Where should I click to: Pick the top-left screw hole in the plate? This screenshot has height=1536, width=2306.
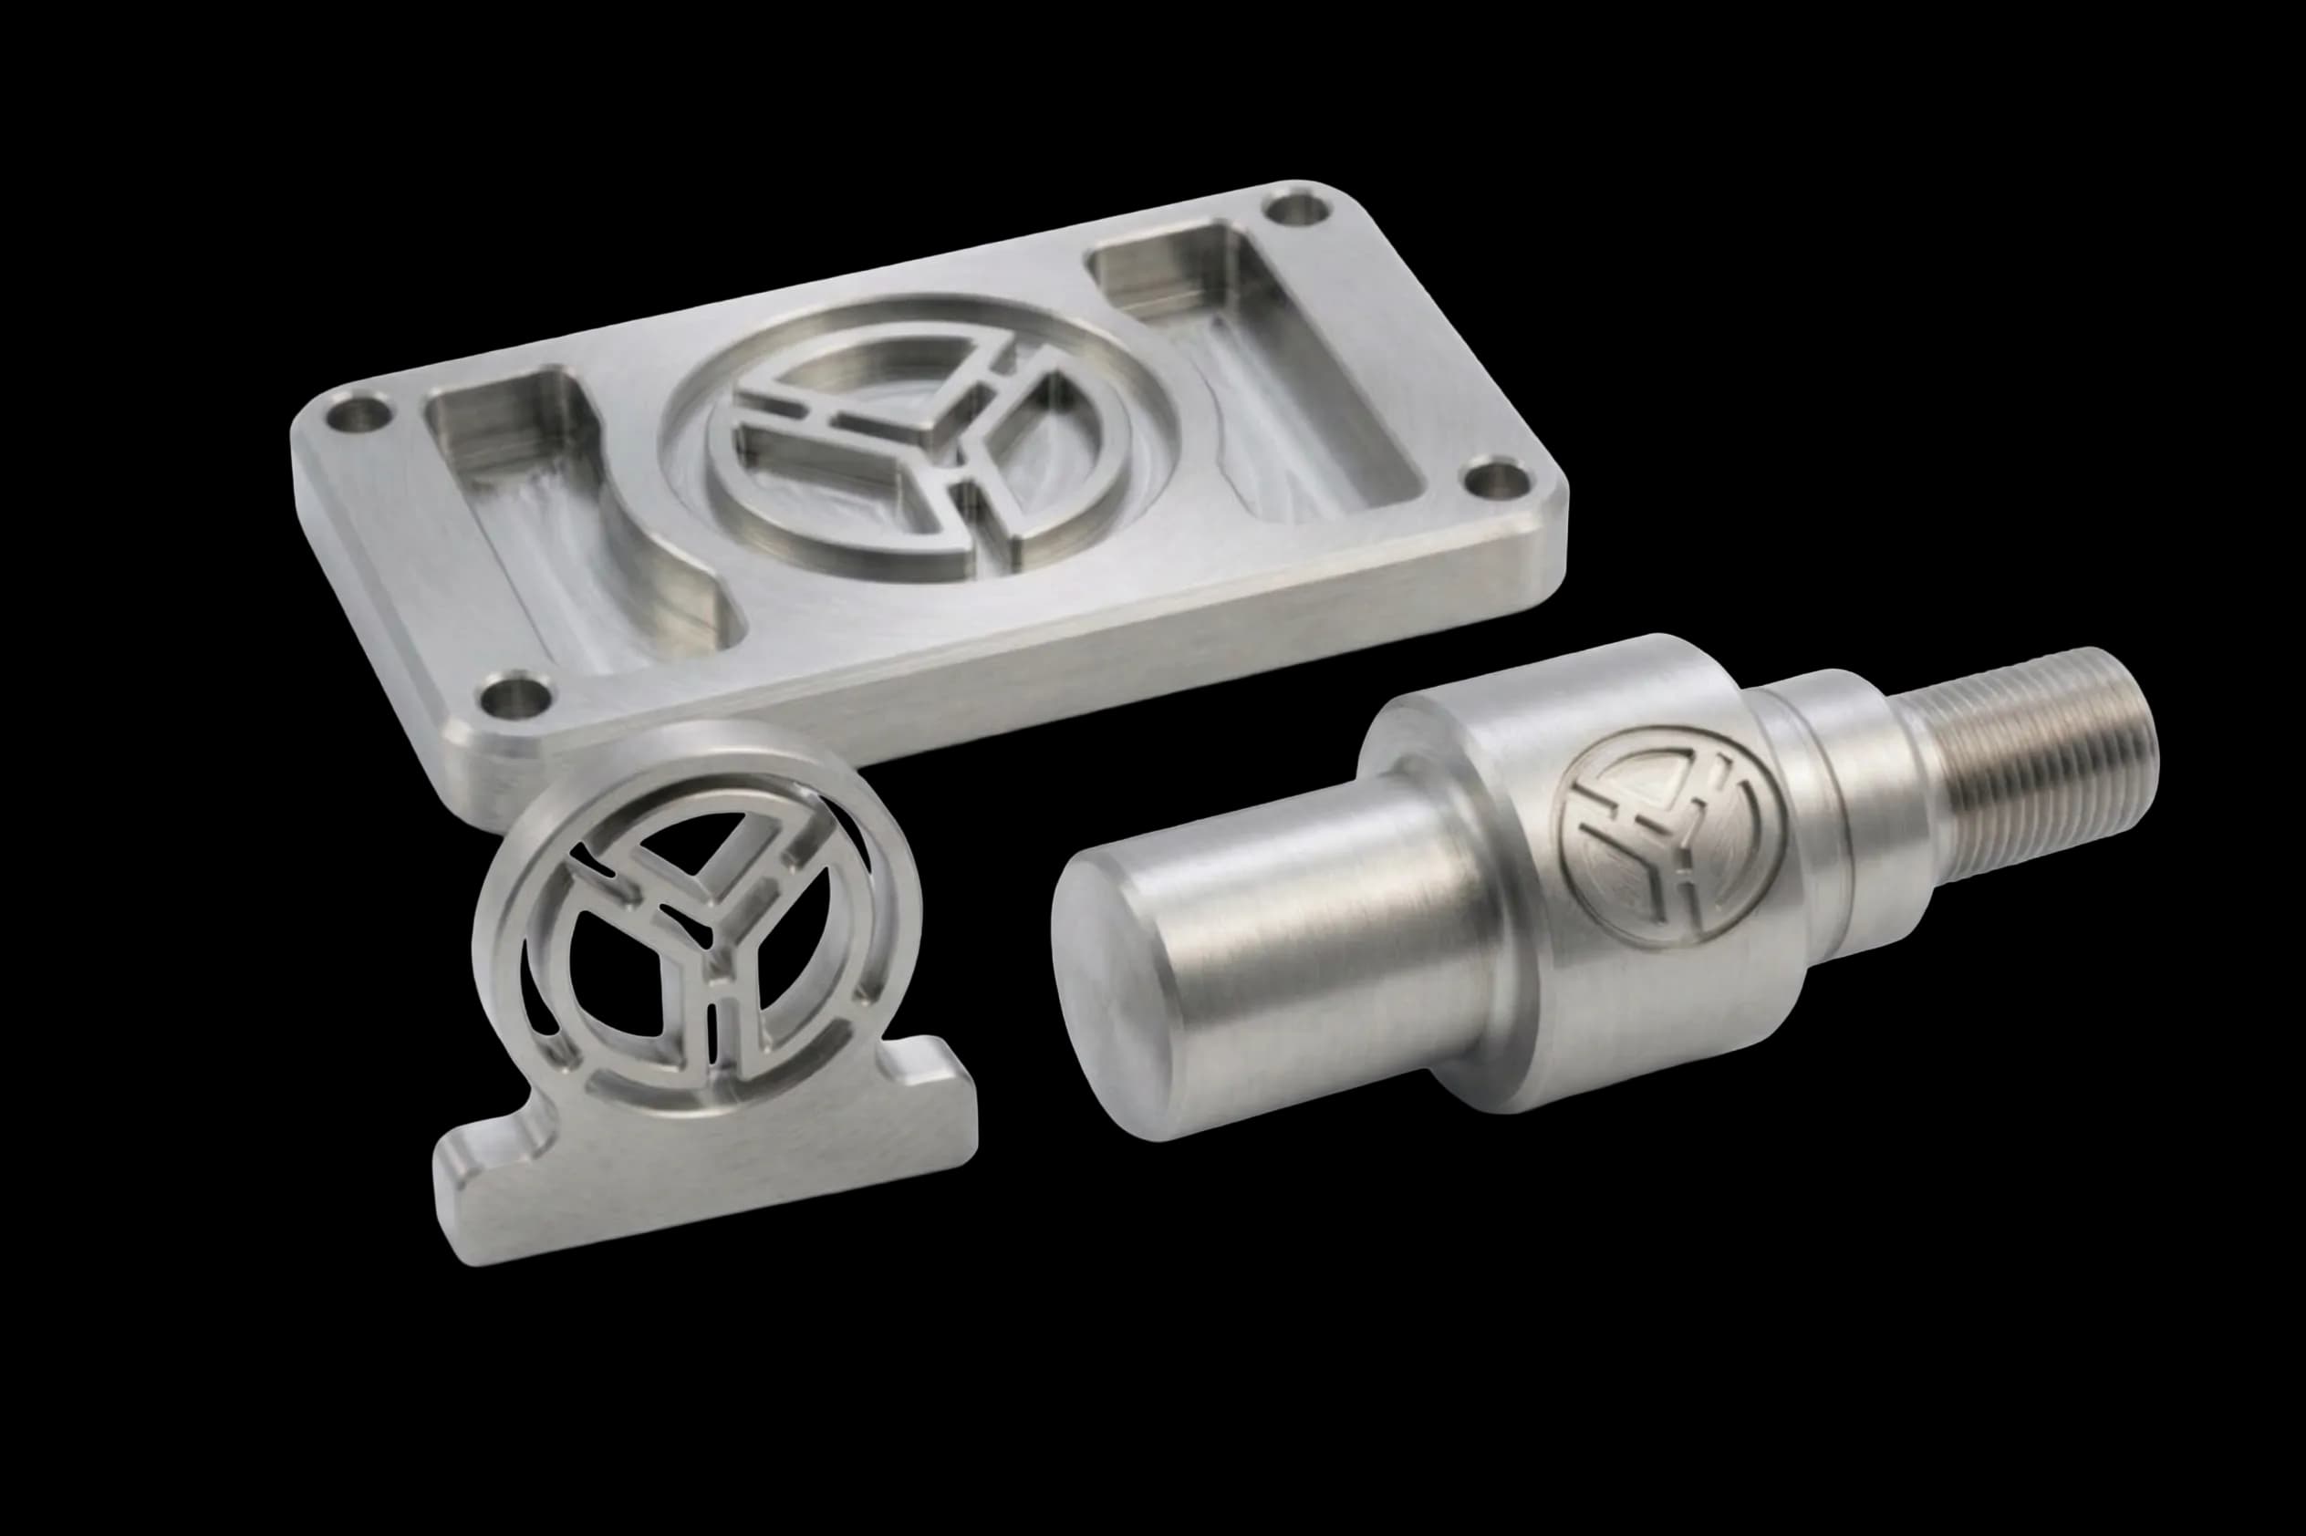tap(360, 414)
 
